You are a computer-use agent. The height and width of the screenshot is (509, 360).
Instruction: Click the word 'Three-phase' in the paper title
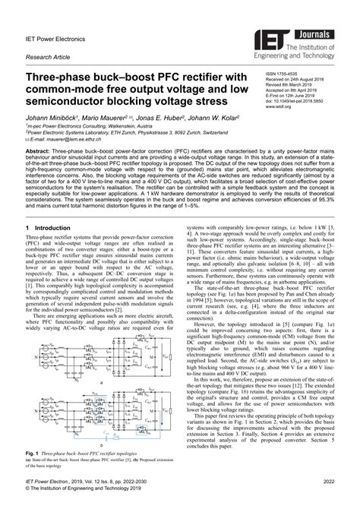62,77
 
